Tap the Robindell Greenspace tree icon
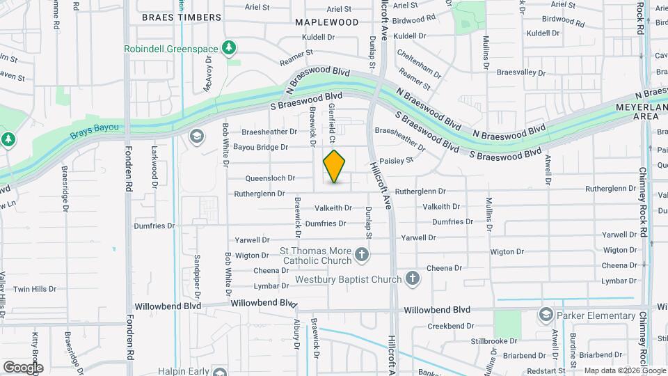tap(228, 48)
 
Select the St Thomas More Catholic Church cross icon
tap(361, 255)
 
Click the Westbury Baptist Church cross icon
tap(412, 279)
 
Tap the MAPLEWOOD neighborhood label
tap(326, 22)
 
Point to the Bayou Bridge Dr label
tap(260, 148)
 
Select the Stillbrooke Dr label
tap(494, 341)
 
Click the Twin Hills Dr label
tap(34, 289)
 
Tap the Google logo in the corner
tap(23, 368)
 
